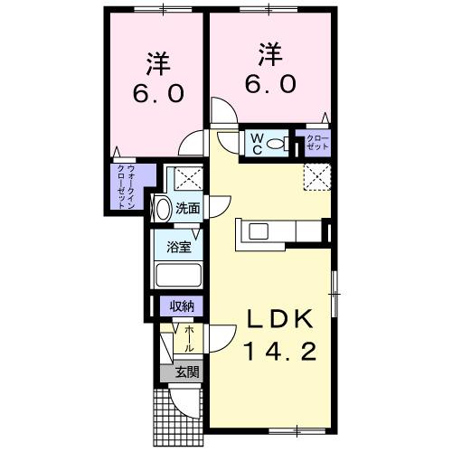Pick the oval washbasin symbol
163,209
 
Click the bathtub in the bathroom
178,275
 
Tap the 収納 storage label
179,306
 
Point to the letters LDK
280,320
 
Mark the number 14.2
280,352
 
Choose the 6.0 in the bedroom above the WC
269,83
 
